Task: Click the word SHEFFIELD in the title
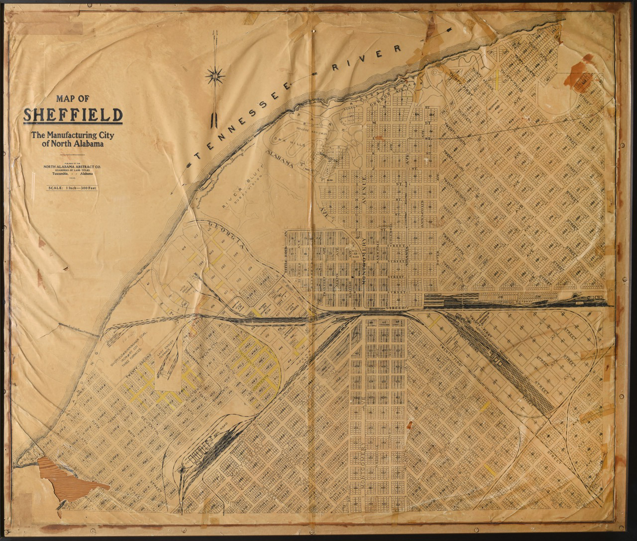tap(73, 115)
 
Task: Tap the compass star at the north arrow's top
tap(215, 75)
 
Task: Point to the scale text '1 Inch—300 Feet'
tap(73, 188)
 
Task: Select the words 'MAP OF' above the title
tap(73, 99)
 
